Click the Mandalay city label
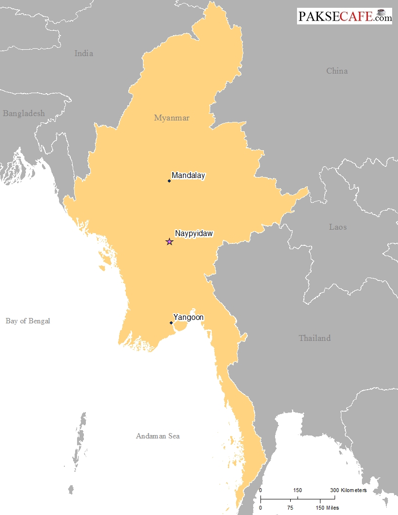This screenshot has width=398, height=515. [188, 176]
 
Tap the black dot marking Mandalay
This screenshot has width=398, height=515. [169, 181]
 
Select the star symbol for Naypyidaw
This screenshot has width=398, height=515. [169, 241]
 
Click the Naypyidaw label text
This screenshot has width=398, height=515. [194, 234]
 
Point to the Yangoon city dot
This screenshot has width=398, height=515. [171, 323]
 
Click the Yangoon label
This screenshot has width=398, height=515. [189, 317]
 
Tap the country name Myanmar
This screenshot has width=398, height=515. [172, 118]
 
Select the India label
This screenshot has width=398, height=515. [84, 54]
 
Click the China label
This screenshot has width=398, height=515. [337, 71]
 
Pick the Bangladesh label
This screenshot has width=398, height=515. [24, 114]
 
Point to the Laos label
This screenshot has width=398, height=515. [338, 227]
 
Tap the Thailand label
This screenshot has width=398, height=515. [315, 338]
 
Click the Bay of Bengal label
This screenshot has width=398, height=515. [28, 321]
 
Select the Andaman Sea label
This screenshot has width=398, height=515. [158, 436]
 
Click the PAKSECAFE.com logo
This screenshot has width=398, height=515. [344, 16]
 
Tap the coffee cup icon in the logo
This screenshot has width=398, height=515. [382, 12]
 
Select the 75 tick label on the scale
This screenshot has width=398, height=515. [290, 508]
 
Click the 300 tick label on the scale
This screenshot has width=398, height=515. [334, 490]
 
